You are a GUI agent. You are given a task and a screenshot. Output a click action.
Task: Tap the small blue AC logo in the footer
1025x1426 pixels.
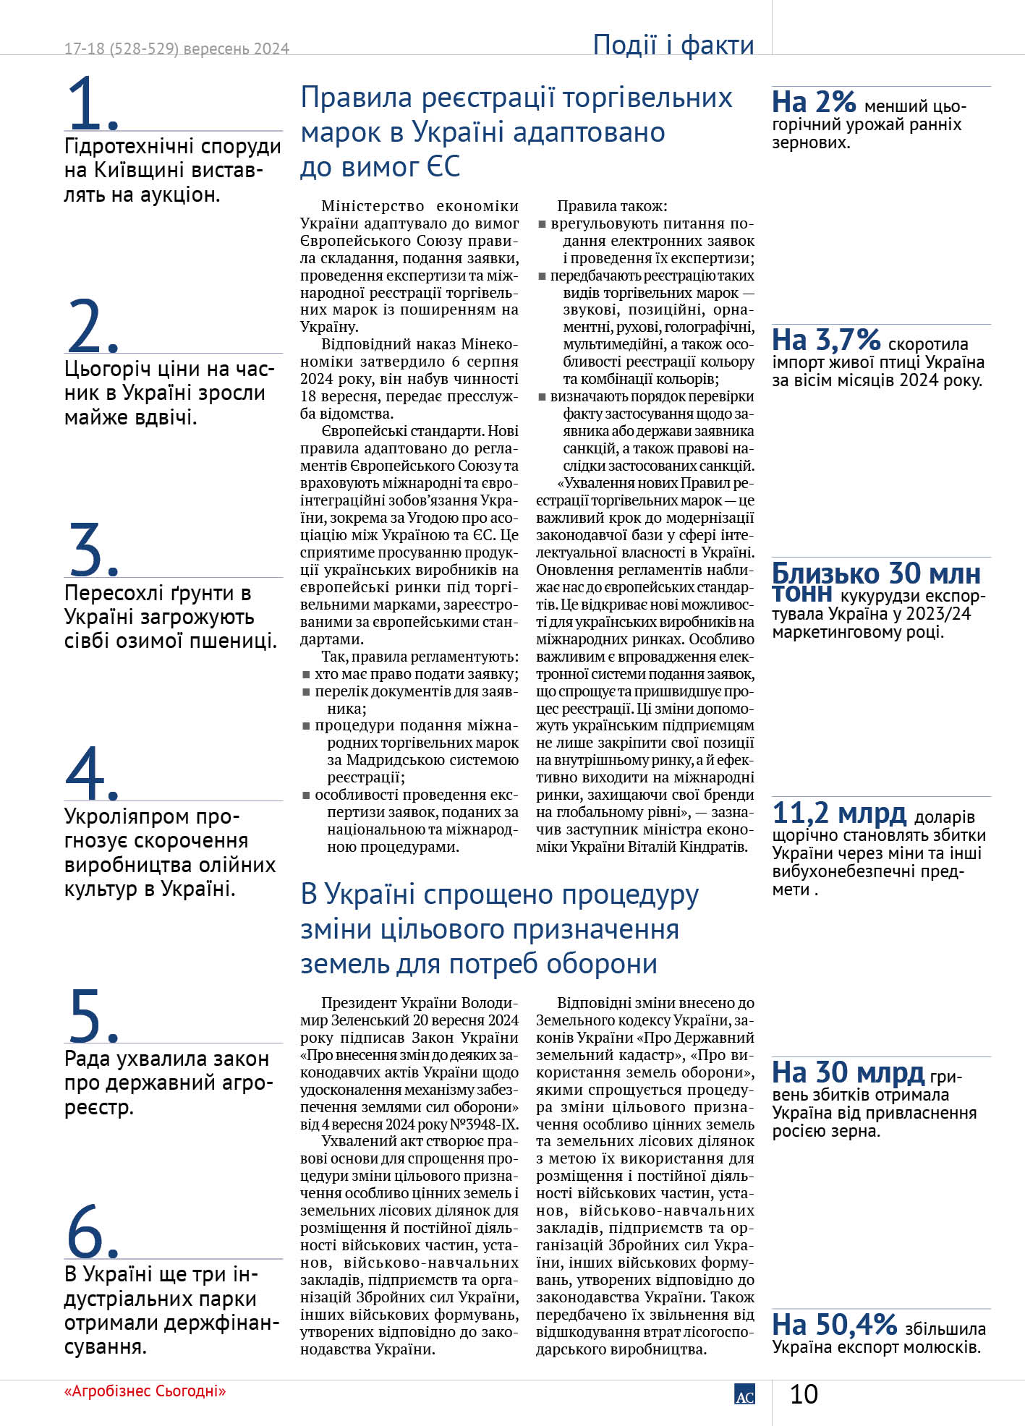point(744,1395)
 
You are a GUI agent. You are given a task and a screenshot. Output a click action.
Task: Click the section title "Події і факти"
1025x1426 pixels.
point(673,45)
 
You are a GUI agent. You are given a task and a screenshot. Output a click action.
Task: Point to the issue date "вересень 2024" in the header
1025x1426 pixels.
point(237,49)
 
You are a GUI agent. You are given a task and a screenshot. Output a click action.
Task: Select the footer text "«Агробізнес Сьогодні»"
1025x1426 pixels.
point(145,1391)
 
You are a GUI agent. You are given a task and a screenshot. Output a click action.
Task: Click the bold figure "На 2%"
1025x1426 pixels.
point(814,103)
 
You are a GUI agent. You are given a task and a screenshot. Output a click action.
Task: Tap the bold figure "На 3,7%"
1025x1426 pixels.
point(826,340)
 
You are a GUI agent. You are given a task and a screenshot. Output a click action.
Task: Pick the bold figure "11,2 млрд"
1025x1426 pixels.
point(839,814)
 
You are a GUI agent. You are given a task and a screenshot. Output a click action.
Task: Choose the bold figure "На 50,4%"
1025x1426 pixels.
point(835,1325)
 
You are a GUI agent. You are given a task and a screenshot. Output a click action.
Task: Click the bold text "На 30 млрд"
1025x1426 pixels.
point(848,1072)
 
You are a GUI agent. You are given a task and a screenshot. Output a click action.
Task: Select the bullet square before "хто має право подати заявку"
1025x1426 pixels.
point(307,675)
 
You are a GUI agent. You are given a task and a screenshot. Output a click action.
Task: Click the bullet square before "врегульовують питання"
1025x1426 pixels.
point(543,224)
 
